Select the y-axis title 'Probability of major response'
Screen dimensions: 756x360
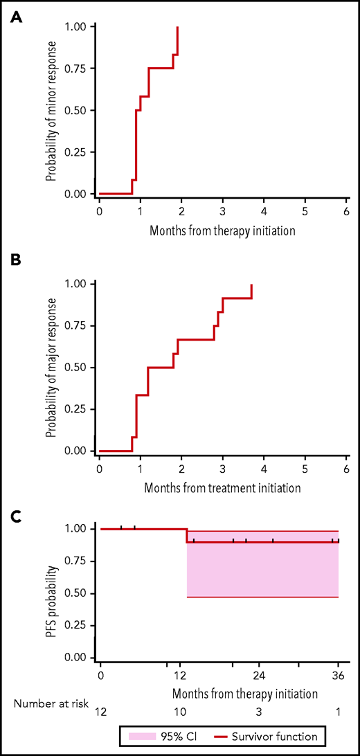[51, 368]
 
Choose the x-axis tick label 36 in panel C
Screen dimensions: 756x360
[338, 674]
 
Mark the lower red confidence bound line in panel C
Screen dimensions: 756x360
[263, 597]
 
